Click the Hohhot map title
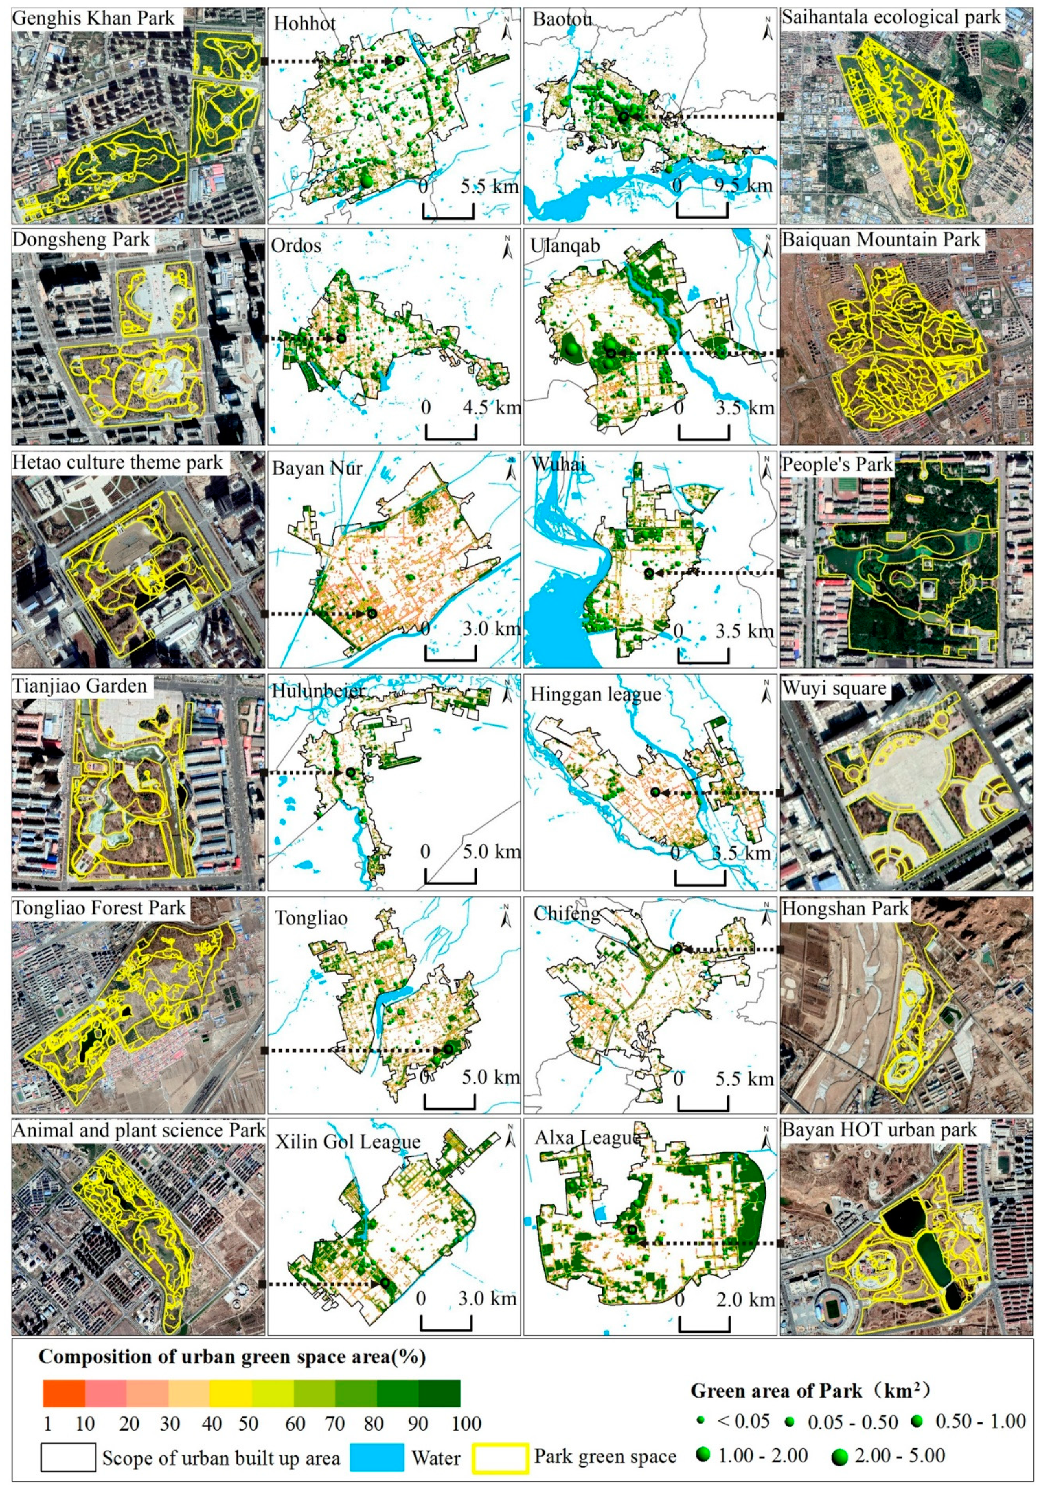304,24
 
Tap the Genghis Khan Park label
93,19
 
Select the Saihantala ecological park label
891,17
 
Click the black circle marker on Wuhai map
649,573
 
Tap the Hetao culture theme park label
118,463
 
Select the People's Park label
836,465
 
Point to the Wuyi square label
834,688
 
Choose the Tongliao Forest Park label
99,908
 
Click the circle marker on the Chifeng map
677,949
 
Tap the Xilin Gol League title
347,1142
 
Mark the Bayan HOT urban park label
879,1130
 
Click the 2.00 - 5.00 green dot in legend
840,1456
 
